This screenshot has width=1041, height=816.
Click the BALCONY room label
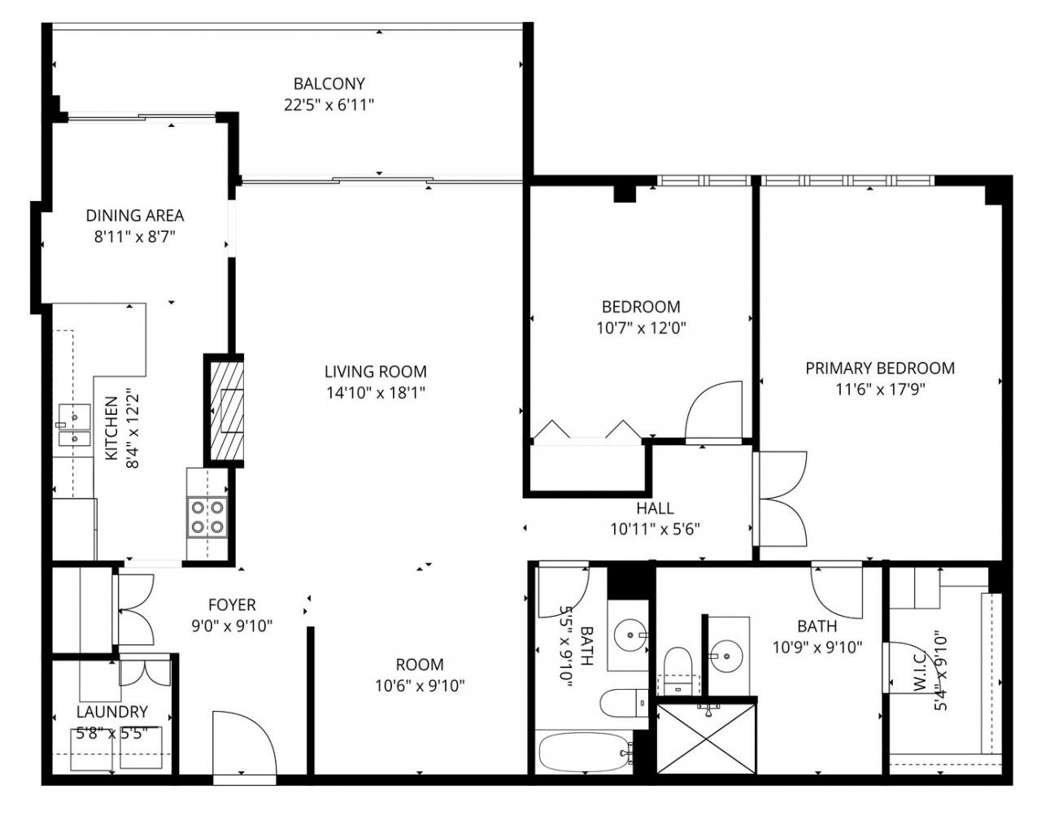click(329, 84)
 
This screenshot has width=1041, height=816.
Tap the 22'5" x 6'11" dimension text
click(329, 105)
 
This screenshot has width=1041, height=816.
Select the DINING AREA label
click(135, 216)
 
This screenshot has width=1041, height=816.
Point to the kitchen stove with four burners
click(207, 518)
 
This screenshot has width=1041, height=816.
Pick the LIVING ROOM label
click(376, 372)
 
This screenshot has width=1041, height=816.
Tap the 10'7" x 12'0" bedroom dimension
click(641, 328)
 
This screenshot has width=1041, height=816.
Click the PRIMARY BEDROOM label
click(880, 369)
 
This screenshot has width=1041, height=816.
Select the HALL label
click(655, 508)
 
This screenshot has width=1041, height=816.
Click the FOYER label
click(232, 605)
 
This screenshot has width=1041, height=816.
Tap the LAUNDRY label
click(112, 712)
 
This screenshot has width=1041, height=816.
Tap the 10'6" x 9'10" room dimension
click(420, 686)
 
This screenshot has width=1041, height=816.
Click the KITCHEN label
click(111, 429)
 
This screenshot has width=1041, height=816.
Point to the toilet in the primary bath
click(678, 670)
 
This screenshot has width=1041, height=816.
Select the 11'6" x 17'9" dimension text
click(880, 390)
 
